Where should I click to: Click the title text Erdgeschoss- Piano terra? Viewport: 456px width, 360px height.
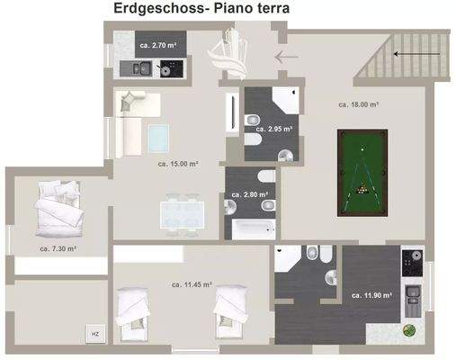click(x=201, y=10)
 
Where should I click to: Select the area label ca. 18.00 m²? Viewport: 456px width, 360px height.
click(x=356, y=103)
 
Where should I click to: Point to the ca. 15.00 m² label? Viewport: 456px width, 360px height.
click(x=178, y=164)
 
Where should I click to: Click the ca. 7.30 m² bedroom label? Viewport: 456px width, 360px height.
click(x=58, y=247)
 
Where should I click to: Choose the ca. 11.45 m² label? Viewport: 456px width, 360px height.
click(x=192, y=283)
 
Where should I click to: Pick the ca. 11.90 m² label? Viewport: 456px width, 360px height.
click(x=370, y=294)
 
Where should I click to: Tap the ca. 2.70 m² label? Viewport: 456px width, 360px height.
click(x=156, y=44)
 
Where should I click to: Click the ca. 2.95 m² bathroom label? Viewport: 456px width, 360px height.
click(x=273, y=130)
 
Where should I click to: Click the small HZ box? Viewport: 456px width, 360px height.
click(x=95, y=334)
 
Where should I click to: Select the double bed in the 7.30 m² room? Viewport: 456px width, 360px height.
click(x=59, y=211)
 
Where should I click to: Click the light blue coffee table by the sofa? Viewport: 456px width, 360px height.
click(x=159, y=138)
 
